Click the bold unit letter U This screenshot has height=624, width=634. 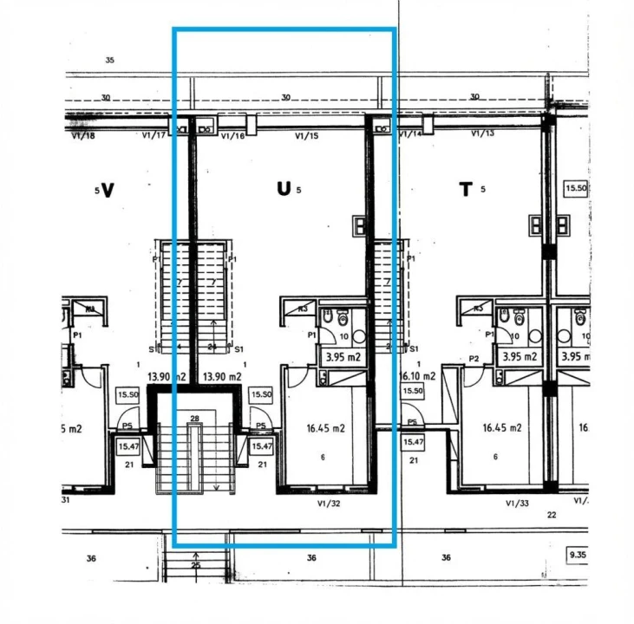click(x=284, y=190)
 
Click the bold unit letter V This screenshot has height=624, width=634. click(x=108, y=190)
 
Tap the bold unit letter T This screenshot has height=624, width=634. click(x=466, y=190)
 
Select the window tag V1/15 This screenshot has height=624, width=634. click(x=307, y=136)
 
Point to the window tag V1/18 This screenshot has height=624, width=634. click(x=82, y=136)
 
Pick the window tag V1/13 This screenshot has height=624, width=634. click(x=482, y=133)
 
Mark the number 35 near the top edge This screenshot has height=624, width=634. click(x=109, y=61)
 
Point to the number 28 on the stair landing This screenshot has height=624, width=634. click(x=195, y=419)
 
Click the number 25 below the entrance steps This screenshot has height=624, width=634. click(x=195, y=566)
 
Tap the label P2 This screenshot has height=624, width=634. click(x=474, y=359)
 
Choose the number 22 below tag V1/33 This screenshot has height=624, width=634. click(x=551, y=515)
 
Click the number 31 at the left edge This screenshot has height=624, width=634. click(x=66, y=498)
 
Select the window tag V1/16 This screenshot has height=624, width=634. click(x=233, y=136)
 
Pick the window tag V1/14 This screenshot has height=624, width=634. click(x=411, y=134)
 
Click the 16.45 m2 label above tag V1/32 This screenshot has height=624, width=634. click(x=326, y=428)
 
